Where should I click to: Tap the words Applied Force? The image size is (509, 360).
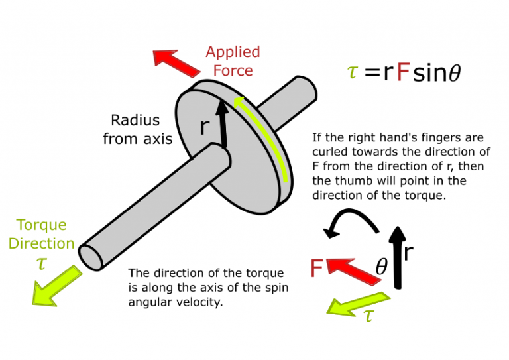pyautogui.click(x=233, y=60)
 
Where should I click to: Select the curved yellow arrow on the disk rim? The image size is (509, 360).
pyautogui.click(x=266, y=133)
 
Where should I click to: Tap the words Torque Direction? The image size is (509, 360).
pyautogui.click(x=41, y=234)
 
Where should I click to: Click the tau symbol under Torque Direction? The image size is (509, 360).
pyautogui.click(x=41, y=264)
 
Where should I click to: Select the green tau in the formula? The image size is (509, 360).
pyautogui.click(x=353, y=72)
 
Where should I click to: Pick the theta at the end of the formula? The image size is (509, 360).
pyautogui.click(x=454, y=74)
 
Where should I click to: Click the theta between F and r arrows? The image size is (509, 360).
pyautogui.click(x=381, y=268)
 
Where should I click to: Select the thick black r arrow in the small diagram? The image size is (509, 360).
pyautogui.click(x=397, y=256)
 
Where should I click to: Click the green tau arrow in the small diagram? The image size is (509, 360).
pyautogui.click(x=359, y=302)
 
